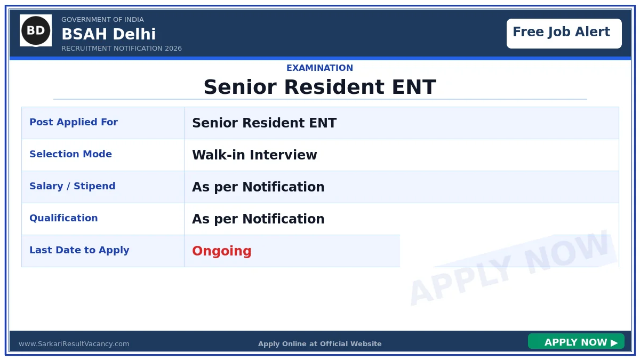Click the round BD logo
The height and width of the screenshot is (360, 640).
tap(36, 30)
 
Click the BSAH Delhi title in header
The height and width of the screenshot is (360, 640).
tap(108, 35)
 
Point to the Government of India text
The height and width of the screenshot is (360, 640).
tap(102, 20)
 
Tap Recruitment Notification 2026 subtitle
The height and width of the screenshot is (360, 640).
tap(122, 49)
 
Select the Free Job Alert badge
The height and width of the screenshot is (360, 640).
tap(564, 33)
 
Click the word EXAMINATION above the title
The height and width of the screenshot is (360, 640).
tap(319, 68)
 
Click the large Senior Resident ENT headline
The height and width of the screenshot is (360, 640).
tap(319, 87)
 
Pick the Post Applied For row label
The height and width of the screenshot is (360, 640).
tap(74, 122)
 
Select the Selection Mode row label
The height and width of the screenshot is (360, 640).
tap(70, 154)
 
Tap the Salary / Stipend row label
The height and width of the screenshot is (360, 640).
tap(73, 186)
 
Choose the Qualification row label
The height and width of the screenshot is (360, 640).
tap(63, 218)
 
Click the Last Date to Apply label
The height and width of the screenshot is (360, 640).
tap(79, 250)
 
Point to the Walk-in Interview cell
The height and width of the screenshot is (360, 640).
tap(254, 155)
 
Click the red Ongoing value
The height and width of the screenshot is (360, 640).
tap(222, 251)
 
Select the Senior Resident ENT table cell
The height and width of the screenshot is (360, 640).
tap(264, 123)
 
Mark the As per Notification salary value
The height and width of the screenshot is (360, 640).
tap(258, 187)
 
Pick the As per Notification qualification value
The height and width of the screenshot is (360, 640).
tap(258, 219)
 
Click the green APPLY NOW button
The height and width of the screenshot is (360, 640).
tap(576, 342)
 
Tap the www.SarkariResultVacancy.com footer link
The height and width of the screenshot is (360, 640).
tap(74, 344)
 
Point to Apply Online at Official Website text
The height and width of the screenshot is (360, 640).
tap(319, 344)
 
